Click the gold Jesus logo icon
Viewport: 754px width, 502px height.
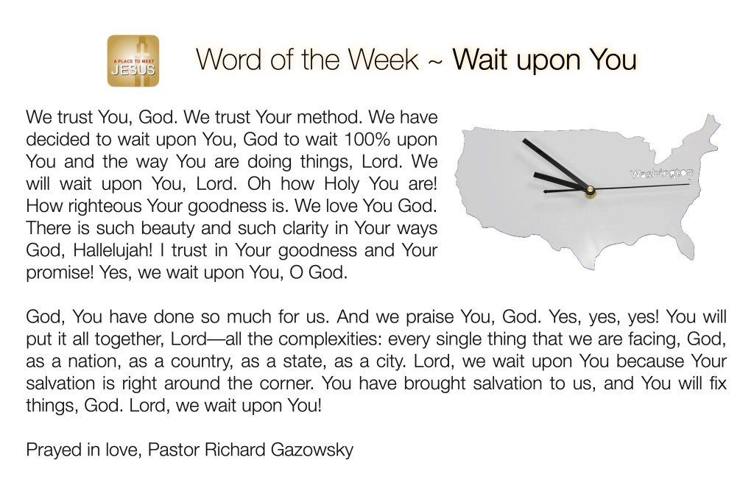(x=133, y=60)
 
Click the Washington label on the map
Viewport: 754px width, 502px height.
(x=662, y=174)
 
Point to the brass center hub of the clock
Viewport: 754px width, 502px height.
(x=590, y=191)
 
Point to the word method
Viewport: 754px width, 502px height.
(x=329, y=117)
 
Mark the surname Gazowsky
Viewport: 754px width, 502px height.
(x=312, y=450)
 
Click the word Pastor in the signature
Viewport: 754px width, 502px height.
(x=174, y=450)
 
